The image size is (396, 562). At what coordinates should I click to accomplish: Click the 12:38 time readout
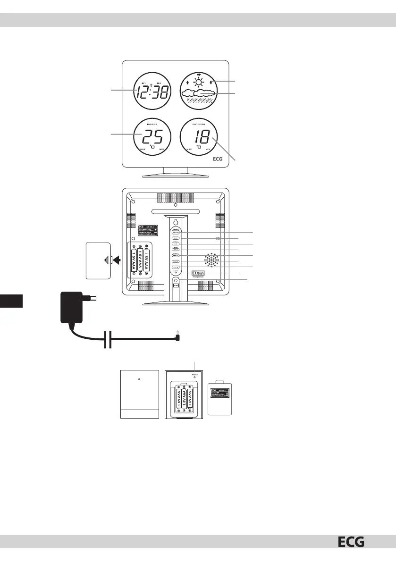[151, 93]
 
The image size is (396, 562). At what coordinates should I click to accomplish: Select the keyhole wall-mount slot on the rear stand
[175, 222]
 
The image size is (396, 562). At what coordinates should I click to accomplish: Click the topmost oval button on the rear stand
[175, 233]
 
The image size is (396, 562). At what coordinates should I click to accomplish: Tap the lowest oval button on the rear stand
[175, 267]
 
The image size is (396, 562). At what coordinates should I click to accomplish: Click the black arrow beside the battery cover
[116, 260]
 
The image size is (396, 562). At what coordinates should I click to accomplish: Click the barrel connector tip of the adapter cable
[177, 337]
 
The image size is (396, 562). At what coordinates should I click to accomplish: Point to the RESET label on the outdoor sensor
[194, 373]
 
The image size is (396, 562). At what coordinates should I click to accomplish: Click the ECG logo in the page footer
[351, 543]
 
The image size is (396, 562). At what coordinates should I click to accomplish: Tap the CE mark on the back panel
[195, 273]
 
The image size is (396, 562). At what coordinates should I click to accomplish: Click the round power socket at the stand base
[175, 281]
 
